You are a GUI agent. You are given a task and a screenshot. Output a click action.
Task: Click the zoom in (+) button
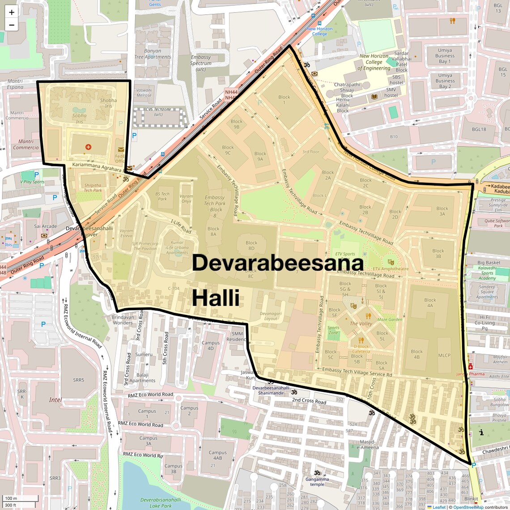point(12,13)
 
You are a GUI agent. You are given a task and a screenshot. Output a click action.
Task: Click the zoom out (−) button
point(12,25)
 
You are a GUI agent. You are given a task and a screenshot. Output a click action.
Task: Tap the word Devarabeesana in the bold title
point(277,263)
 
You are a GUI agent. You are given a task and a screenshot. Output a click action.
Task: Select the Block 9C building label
point(228,150)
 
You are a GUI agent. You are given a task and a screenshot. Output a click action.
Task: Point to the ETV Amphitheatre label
point(391,268)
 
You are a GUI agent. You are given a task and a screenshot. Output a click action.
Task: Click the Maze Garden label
point(390,319)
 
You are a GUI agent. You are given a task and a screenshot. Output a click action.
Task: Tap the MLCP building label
point(444,356)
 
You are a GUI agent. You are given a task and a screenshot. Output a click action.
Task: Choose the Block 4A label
point(430,303)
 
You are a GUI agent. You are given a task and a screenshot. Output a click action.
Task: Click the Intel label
point(55,400)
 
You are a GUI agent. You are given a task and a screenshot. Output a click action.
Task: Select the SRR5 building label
point(78,380)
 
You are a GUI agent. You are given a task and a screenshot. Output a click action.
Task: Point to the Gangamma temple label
point(317,481)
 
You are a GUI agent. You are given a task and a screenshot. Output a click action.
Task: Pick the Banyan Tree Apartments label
point(153,54)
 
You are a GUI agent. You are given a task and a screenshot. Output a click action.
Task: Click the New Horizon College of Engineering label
point(374,62)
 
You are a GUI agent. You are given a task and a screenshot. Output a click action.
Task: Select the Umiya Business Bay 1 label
point(445,56)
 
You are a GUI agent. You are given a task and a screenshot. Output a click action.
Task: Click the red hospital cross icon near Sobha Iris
point(88,147)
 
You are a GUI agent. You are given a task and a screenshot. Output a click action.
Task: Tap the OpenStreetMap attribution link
point(468,507)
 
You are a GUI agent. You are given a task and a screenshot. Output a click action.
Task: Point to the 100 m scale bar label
point(11,498)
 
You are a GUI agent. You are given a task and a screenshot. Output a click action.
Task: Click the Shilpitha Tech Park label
point(93,187)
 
